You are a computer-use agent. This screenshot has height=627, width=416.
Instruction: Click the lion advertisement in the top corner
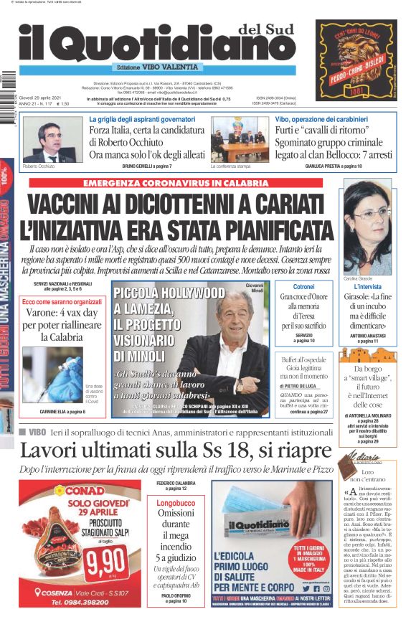click(x=356, y=60)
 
